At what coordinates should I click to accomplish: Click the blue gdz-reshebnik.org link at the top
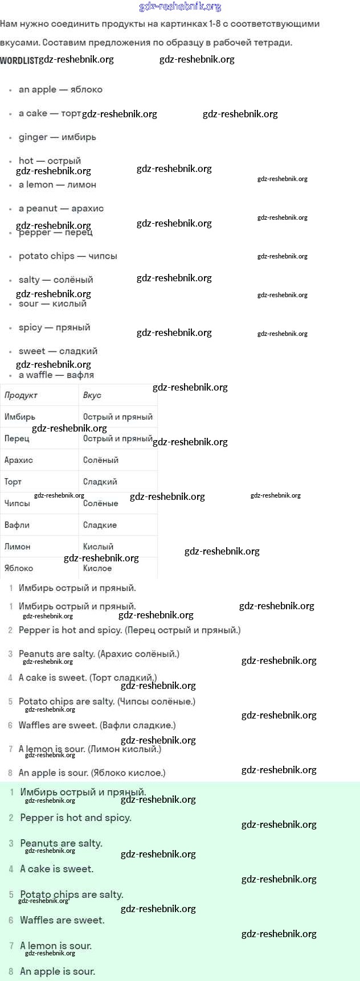[x=180, y=7]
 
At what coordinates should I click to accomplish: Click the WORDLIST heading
[x=19, y=60]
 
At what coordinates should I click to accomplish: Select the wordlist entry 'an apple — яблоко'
[x=60, y=89]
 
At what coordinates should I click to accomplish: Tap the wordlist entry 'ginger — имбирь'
[x=57, y=137]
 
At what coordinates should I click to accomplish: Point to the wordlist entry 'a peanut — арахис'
[x=61, y=208]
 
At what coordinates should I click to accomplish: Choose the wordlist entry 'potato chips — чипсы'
[x=68, y=256]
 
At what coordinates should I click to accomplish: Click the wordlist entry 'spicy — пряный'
[x=54, y=327]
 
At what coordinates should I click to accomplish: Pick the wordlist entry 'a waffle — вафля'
[x=56, y=375]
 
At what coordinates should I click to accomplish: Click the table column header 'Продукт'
[x=21, y=395]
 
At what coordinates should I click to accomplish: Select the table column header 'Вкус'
[x=92, y=395]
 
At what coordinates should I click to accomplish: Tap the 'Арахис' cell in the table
[x=19, y=460]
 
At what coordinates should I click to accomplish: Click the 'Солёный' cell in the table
[x=101, y=460]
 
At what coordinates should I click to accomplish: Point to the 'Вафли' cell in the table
[x=17, y=525]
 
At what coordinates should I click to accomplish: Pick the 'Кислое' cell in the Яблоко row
[x=97, y=568]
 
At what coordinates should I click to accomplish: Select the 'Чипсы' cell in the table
[x=17, y=503]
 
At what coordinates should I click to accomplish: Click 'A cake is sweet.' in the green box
[x=57, y=869]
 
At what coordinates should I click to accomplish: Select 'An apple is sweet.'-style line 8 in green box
[x=58, y=971]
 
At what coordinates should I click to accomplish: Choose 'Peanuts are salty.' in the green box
[x=61, y=843]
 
